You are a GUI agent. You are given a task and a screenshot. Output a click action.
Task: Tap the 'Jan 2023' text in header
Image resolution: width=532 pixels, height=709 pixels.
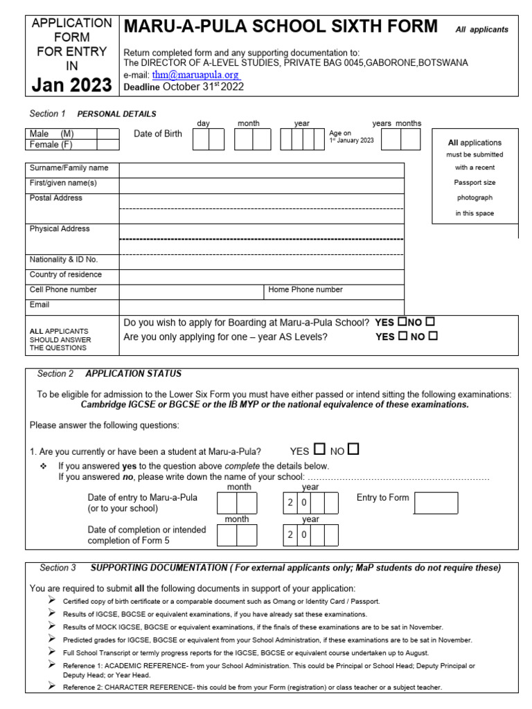72,85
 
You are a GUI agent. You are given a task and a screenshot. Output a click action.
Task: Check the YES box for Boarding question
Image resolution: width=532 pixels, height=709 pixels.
401,323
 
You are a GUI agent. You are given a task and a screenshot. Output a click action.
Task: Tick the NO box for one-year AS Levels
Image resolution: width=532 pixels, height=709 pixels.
434,336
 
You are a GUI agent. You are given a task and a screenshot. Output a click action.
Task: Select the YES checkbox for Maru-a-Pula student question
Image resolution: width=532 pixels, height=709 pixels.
319,450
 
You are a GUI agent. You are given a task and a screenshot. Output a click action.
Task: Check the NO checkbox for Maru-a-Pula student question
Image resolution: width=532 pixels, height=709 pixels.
353,450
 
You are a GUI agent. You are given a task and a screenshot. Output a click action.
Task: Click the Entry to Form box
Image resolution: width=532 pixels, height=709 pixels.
436,503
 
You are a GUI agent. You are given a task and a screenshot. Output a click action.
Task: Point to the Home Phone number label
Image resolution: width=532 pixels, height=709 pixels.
305,290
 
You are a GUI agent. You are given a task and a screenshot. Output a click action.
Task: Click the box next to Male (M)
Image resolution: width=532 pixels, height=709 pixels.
107,134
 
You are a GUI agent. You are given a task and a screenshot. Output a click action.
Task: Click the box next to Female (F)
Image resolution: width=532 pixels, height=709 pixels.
107,145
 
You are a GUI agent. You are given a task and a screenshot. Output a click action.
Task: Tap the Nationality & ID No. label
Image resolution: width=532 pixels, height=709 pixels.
64,260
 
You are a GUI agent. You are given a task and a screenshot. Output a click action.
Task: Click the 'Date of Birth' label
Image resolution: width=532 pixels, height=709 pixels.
158,134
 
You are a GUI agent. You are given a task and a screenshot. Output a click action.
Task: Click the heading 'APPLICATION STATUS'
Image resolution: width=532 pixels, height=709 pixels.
134,374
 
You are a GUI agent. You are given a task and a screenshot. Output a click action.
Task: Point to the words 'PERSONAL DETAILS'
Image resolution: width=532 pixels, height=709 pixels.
116,114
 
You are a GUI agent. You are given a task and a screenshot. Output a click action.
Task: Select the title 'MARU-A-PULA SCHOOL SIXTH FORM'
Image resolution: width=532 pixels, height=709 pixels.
281,27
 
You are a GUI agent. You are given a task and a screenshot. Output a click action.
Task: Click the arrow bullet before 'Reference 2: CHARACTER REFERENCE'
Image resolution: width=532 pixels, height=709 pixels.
52,686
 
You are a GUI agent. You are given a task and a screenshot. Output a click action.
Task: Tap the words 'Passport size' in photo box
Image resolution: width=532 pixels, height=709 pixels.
475,183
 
